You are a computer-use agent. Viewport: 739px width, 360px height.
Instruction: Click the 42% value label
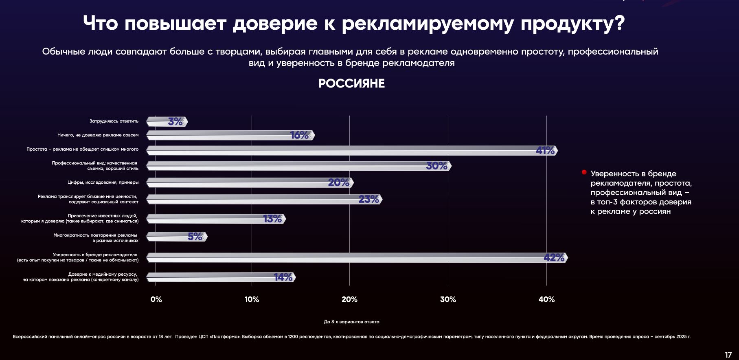[x=554, y=257]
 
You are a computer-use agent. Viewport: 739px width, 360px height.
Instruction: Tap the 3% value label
[x=175, y=121]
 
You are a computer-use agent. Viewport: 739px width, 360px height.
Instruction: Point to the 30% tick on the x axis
[x=448, y=299]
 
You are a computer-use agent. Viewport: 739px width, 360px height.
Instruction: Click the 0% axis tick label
[x=156, y=299]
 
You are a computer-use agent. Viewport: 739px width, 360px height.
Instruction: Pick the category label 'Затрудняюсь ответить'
[x=114, y=121]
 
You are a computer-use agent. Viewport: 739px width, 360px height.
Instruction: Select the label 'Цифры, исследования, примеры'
[x=103, y=182]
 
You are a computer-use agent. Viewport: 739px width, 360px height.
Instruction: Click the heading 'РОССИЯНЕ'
[x=351, y=83]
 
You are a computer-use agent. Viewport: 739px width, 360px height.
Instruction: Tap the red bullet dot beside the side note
[x=584, y=173]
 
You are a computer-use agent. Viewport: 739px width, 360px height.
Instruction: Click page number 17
[x=728, y=355]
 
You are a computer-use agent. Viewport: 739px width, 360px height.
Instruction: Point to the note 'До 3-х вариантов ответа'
[x=351, y=322]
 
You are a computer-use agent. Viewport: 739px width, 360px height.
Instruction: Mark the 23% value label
[x=369, y=199]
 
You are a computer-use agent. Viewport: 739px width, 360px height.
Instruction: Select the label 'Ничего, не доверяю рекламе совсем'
[x=98, y=135]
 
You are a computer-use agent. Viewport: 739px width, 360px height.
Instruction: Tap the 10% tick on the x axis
[x=252, y=299]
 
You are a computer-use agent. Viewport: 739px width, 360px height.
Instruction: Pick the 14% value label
[x=283, y=277]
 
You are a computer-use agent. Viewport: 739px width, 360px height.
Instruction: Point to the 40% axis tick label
[x=546, y=299]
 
